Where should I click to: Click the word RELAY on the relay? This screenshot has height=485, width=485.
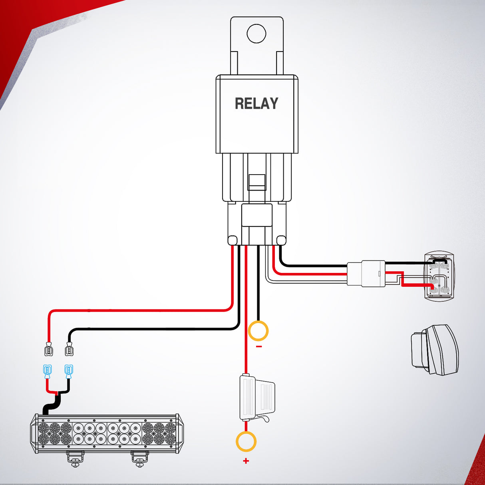pos(256,103)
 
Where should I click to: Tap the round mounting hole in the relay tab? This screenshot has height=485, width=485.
pos(256,34)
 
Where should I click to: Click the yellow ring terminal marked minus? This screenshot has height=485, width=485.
pos(258,331)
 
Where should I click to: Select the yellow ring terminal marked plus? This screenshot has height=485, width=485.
pos(246,441)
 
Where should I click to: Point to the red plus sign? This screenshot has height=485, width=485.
pos(246,461)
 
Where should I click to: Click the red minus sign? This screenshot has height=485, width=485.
pos(259,347)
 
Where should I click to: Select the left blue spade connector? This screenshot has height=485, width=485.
pos(47,372)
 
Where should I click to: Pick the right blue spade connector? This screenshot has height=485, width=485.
pos(68,372)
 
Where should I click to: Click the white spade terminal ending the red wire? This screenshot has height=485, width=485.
pos(49,349)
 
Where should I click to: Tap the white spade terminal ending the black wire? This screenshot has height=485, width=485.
pos(69,349)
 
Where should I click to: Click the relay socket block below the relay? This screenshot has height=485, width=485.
pos(257,224)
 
